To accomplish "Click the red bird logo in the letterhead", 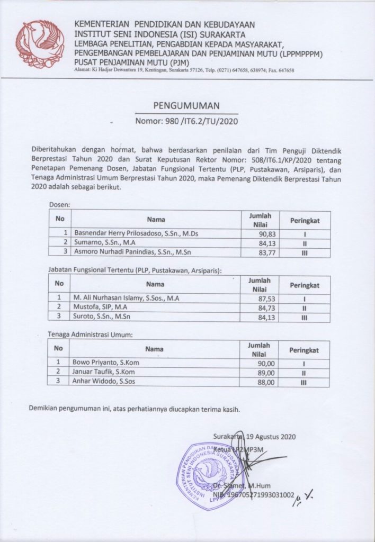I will pyautogui.click(x=40, y=44).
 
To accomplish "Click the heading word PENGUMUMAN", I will pyautogui.click(x=186, y=105).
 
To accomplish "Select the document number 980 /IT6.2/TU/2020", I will pyautogui.click(x=186, y=121).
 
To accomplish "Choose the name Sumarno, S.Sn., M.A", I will pyautogui.click(x=104, y=243).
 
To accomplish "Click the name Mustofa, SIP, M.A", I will pyautogui.click(x=101, y=308).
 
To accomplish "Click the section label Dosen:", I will pyautogui.click(x=60, y=204).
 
